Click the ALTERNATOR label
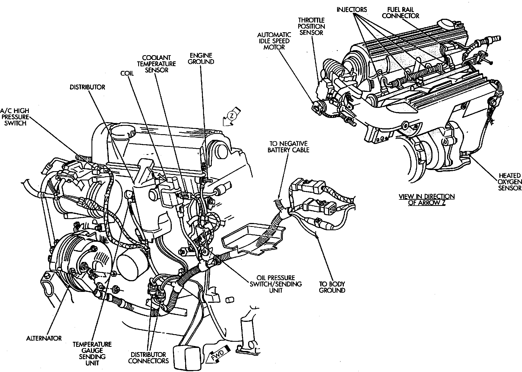[x=44, y=338]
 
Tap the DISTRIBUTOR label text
[x=87, y=87]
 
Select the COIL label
[x=127, y=73]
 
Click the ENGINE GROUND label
[x=201, y=58]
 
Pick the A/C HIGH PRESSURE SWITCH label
[x=15, y=117]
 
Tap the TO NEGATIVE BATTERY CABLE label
[x=288, y=147]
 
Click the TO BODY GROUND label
[x=332, y=287]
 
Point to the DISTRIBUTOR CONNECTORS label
[x=149, y=357]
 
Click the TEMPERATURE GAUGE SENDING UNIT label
[x=92, y=354]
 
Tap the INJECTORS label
[x=351, y=10]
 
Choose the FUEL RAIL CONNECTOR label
[x=400, y=13]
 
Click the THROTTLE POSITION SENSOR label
[x=311, y=26]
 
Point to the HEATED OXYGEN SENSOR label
[x=510, y=182]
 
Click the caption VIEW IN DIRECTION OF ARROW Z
[x=426, y=199]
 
